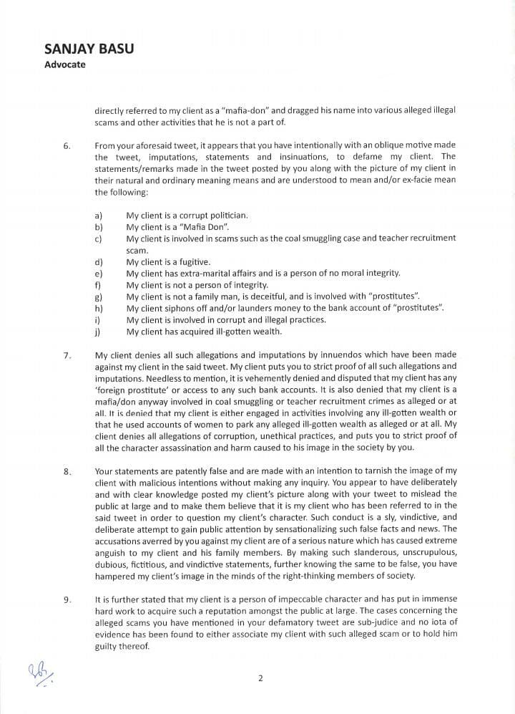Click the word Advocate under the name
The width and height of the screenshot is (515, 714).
coord(65,64)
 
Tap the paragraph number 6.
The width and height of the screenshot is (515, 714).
coord(67,146)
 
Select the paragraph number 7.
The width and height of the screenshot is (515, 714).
coord(67,355)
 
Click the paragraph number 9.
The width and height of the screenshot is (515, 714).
coord(67,599)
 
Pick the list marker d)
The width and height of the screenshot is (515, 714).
coord(98,262)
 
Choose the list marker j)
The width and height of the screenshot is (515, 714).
coord(97,332)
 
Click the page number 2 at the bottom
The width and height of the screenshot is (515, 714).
coord(260,678)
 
